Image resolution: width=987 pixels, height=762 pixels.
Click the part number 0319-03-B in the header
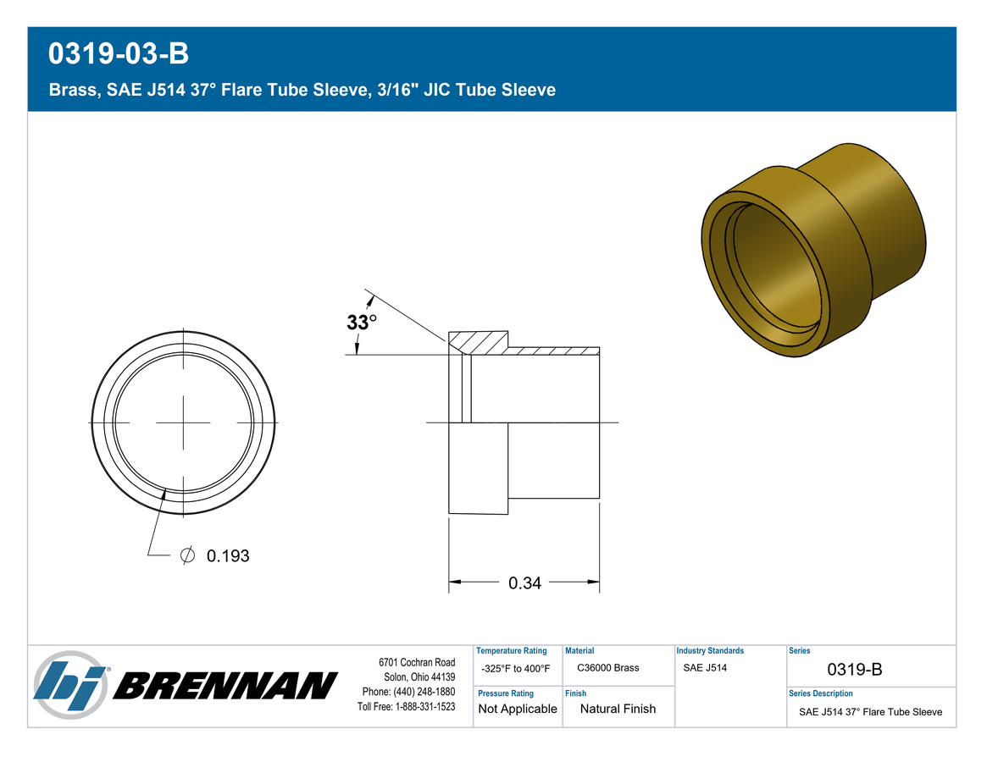(x=119, y=53)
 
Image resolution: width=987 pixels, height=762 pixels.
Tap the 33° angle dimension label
(x=361, y=323)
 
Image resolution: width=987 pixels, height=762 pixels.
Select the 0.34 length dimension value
(x=524, y=583)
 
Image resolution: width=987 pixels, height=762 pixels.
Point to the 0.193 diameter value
(x=228, y=556)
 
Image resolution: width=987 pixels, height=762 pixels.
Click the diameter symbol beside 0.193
(x=187, y=555)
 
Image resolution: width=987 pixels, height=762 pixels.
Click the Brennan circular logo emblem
(x=70, y=685)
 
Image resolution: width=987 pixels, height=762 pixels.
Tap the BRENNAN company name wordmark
(x=225, y=686)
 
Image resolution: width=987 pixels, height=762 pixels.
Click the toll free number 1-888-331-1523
(x=424, y=707)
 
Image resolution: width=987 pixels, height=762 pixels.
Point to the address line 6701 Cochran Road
(x=417, y=663)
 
